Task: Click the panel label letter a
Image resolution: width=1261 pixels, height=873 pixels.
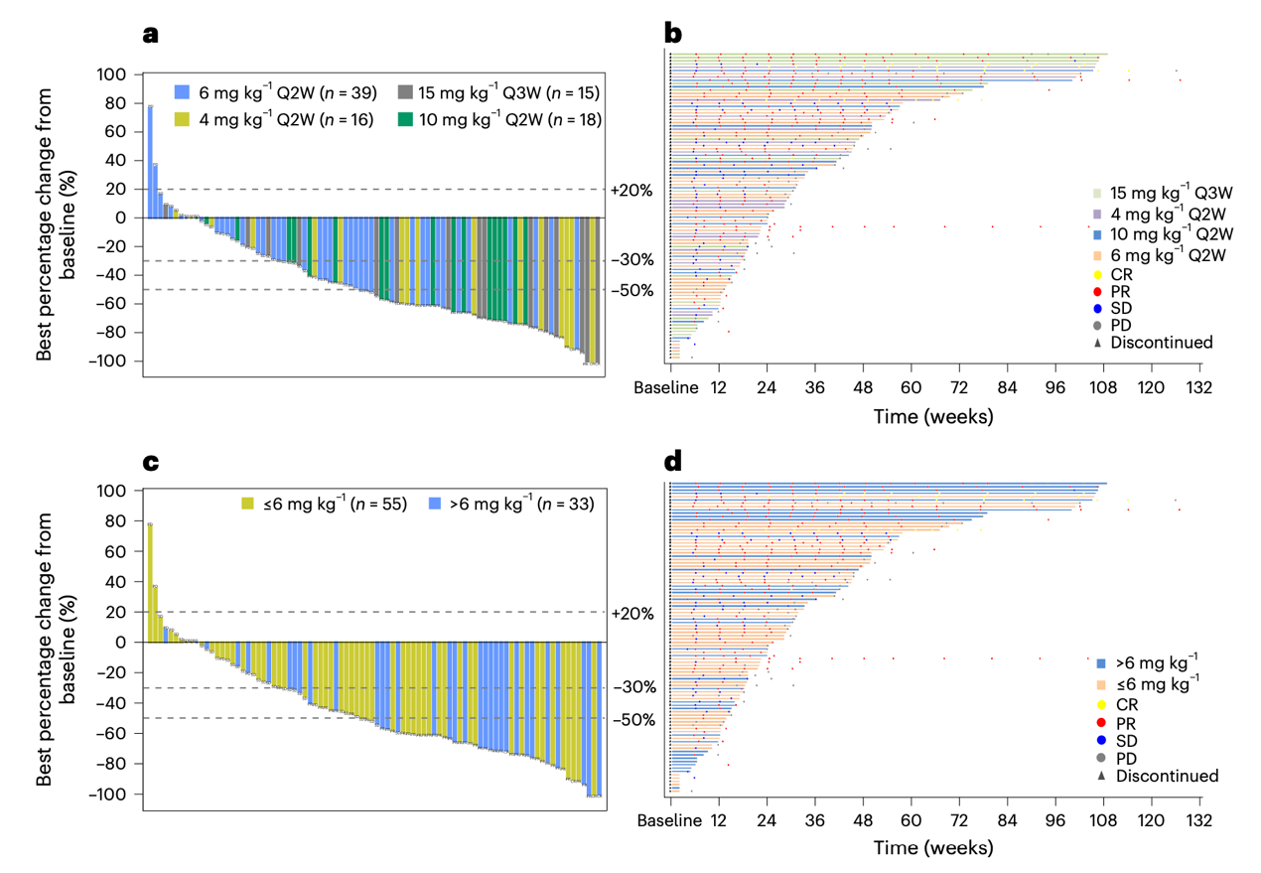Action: click(151, 34)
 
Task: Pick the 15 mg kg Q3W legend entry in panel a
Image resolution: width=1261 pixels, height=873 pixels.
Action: click(499, 92)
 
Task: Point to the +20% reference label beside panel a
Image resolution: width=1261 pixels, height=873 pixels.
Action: click(631, 190)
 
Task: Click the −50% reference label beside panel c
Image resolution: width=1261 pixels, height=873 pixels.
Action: click(634, 719)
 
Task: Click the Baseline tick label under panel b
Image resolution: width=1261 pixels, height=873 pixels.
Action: click(667, 387)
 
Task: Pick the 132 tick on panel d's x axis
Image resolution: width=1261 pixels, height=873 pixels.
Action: click(1199, 821)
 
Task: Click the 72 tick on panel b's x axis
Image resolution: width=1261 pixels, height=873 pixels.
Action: click(958, 387)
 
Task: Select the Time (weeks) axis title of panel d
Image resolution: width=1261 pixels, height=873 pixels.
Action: click(933, 848)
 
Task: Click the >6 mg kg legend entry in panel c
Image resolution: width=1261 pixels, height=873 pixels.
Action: click(513, 504)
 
